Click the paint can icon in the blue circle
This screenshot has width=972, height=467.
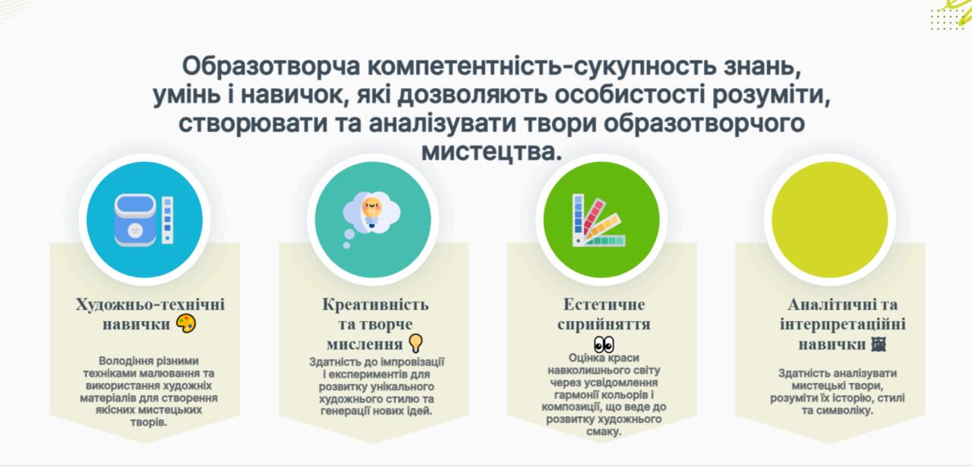pyautogui.click(x=135, y=220)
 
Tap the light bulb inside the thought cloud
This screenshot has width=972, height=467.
pyautogui.click(x=371, y=212)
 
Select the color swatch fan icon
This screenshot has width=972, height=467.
pyautogui.click(x=598, y=220)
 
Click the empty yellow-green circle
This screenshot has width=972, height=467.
pyautogui.click(x=830, y=219)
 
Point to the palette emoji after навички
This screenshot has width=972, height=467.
pyautogui.click(x=186, y=323)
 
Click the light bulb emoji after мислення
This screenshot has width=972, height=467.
pyautogui.click(x=415, y=343)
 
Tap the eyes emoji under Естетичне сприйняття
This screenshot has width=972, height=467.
pyautogui.click(x=604, y=345)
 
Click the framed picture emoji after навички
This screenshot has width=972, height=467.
pyautogui.click(x=879, y=344)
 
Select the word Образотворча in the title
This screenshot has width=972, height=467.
pyautogui.click(x=271, y=66)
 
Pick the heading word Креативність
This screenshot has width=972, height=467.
pyautogui.click(x=375, y=304)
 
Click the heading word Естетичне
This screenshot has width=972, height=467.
pyautogui.click(x=604, y=304)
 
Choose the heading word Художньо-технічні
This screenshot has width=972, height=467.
pyautogui.click(x=150, y=304)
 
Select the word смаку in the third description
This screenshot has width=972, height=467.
pyautogui.click(x=604, y=432)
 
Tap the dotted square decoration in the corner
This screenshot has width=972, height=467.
pyautogui.click(x=947, y=19)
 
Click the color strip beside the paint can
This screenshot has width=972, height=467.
pyautogui.click(x=168, y=219)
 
